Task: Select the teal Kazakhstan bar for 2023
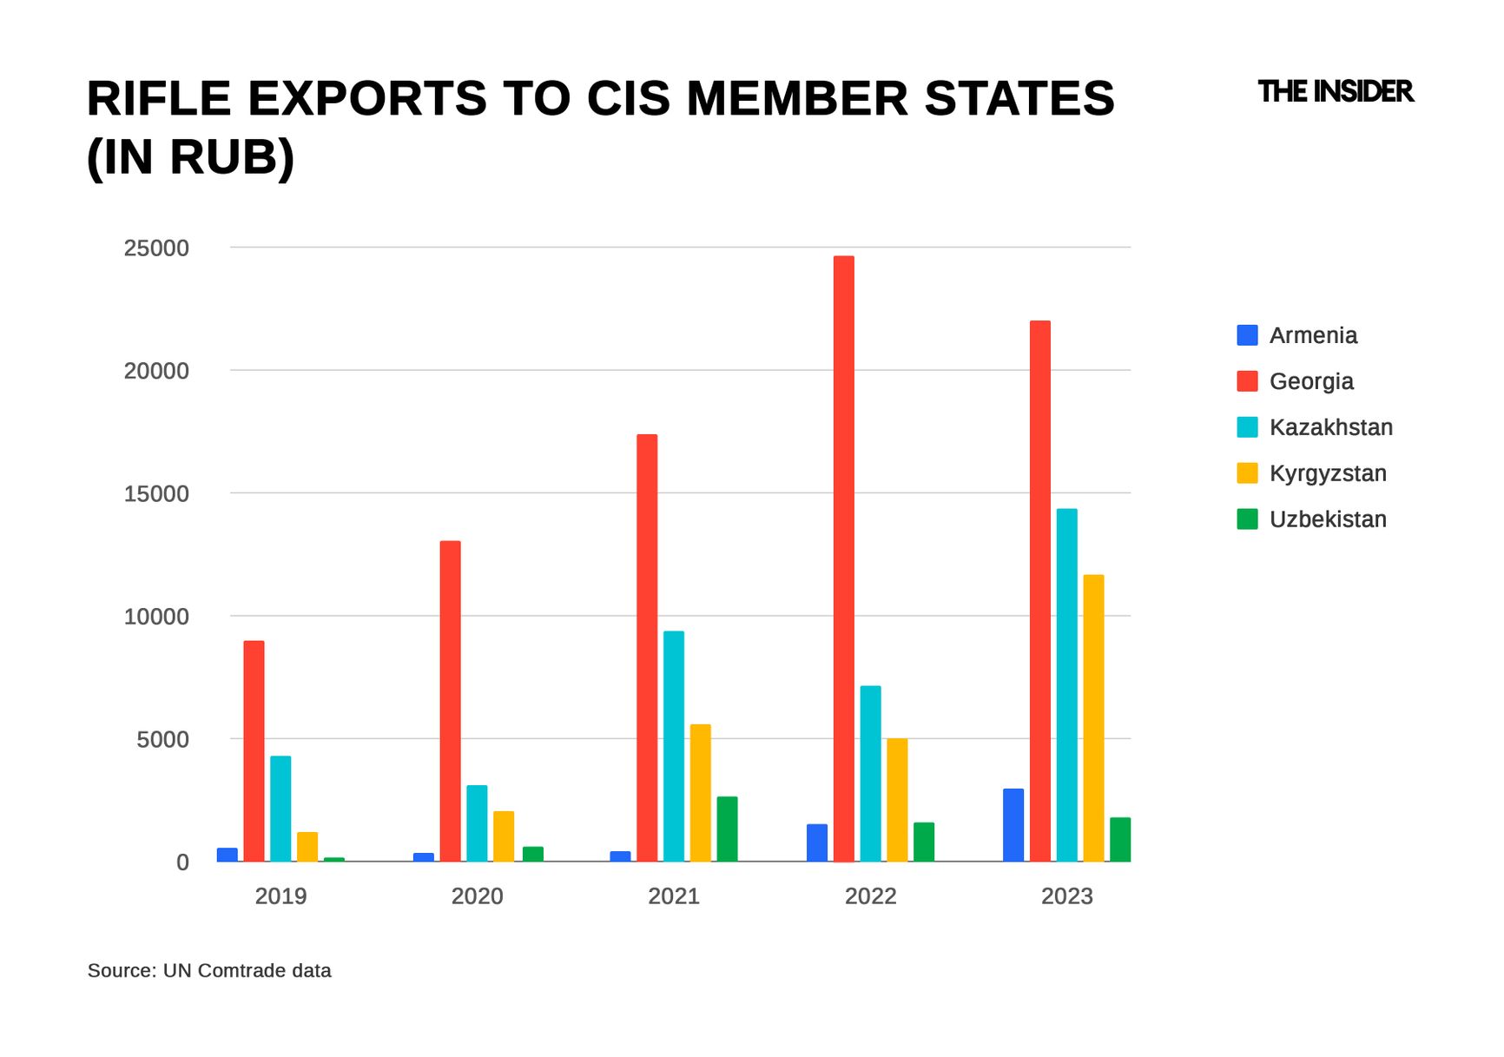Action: coord(1066,685)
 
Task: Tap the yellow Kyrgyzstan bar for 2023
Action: coord(1093,718)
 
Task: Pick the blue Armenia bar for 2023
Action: coord(1013,825)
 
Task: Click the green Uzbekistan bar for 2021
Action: coord(727,829)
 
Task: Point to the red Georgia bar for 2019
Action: coord(254,751)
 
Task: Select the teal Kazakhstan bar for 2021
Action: coord(673,746)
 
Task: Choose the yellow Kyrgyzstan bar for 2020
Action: coord(504,836)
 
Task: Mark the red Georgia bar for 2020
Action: coord(450,701)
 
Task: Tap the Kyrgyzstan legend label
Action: coord(1327,473)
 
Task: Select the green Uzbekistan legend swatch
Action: coord(1247,519)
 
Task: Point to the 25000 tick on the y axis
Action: coord(156,248)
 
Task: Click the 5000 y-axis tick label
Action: coord(162,740)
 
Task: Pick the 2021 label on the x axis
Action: coord(674,896)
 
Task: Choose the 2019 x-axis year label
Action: coord(280,896)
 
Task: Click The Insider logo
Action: coord(1335,91)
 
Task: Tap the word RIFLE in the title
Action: coord(159,98)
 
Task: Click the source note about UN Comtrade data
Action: coord(209,971)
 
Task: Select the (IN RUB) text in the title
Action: coord(191,157)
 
